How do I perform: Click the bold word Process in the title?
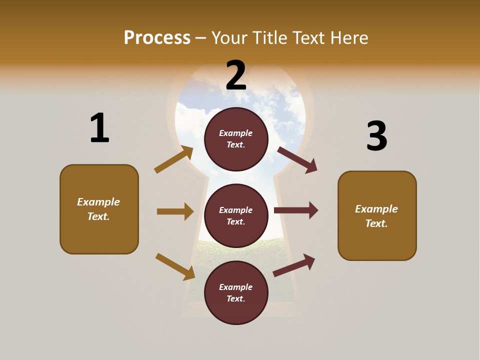coord(157,38)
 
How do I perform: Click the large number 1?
coord(99,128)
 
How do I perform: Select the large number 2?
coord(236,75)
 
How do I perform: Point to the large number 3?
coord(376,136)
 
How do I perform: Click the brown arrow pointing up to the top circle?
coord(174,159)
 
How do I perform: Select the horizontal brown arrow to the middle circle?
coord(175,211)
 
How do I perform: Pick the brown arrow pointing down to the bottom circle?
coord(175,266)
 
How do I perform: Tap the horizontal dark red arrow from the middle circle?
coord(296,210)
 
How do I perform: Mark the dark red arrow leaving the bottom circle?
coord(294,265)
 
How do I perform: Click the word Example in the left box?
coord(98,202)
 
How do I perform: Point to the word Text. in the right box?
coord(376,223)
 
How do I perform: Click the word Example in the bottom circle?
coord(236,287)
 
